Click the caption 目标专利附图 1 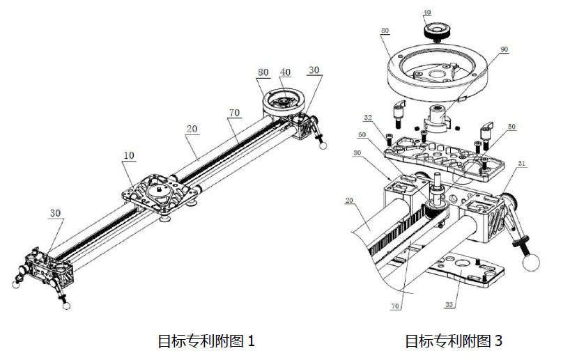point(206,341)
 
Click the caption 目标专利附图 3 point(454,341)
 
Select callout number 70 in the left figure point(233,111)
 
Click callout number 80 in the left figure point(263,72)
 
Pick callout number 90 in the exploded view point(504,49)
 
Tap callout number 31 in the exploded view point(522,164)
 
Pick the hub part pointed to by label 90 point(440,116)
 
